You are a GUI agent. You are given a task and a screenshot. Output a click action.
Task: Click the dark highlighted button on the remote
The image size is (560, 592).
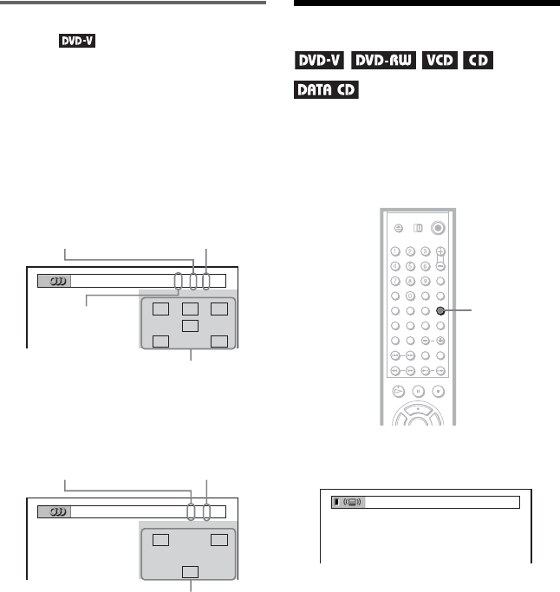tap(440, 311)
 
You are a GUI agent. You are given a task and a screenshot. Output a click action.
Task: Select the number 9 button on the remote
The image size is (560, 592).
tap(425, 281)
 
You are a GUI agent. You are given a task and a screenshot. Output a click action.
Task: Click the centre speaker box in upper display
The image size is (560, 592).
tap(191, 325)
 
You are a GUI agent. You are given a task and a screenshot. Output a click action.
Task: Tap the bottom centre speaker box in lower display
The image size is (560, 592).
tap(191, 572)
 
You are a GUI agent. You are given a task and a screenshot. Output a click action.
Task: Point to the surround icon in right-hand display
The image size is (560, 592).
tap(355, 502)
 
